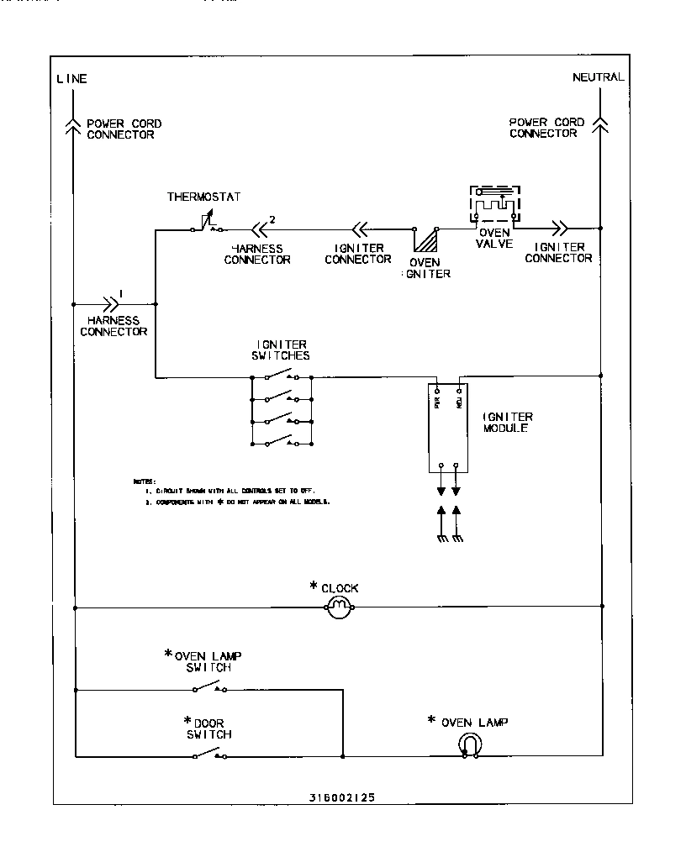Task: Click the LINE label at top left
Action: pos(71,79)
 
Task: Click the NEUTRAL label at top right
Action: pos(598,77)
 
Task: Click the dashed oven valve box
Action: pos(494,204)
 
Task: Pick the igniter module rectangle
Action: pos(448,429)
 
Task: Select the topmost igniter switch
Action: pos(282,376)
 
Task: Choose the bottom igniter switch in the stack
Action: pos(282,441)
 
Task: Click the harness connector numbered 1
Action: pos(112,302)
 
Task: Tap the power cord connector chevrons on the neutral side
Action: pos(599,124)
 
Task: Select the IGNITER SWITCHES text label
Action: pos(282,350)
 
